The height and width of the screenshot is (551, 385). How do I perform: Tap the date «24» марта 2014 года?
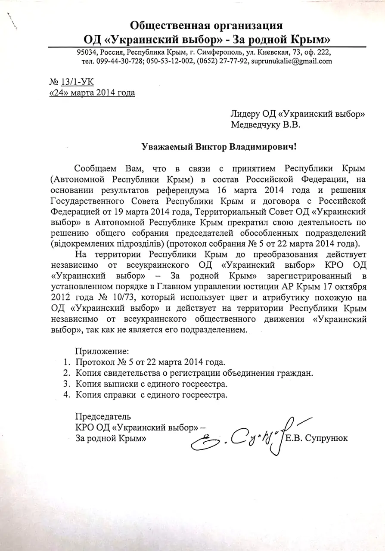pos(92,93)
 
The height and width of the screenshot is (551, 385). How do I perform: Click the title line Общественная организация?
pos(206,25)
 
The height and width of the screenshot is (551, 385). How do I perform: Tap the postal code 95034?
pos(86,52)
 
